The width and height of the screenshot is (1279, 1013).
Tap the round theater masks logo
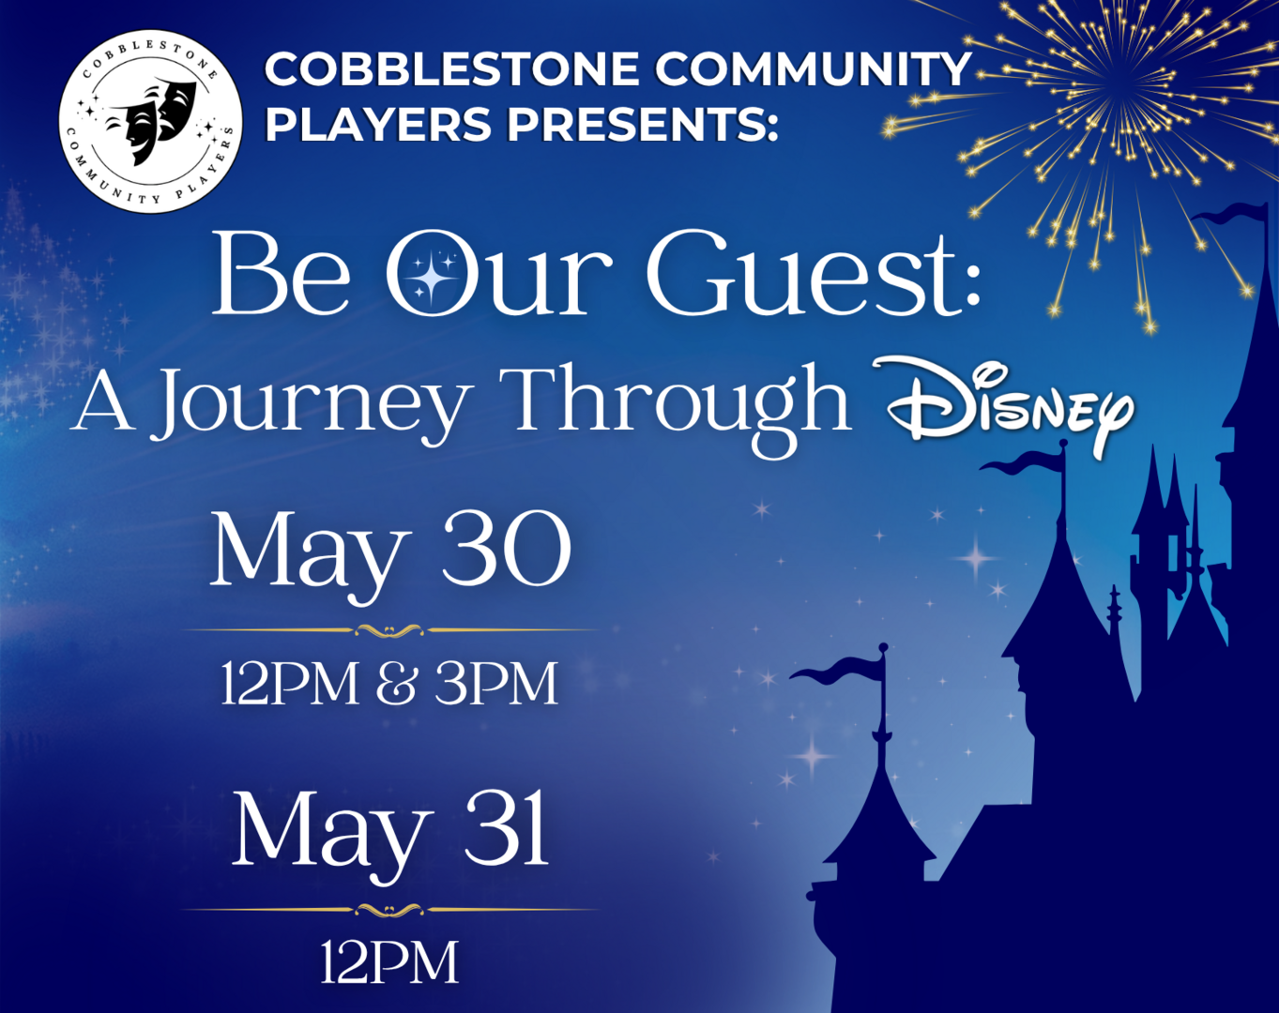coord(151,121)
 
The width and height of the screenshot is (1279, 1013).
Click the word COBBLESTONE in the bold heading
coord(451,69)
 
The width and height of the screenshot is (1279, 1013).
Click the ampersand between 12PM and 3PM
coord(396,684)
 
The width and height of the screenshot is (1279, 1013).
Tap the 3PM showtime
coord(496,684)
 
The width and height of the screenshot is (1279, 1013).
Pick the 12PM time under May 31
coord(389,962)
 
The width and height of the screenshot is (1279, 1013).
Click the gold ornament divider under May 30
coord(389,630)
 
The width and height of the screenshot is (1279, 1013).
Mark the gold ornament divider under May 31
coord(389,910)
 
